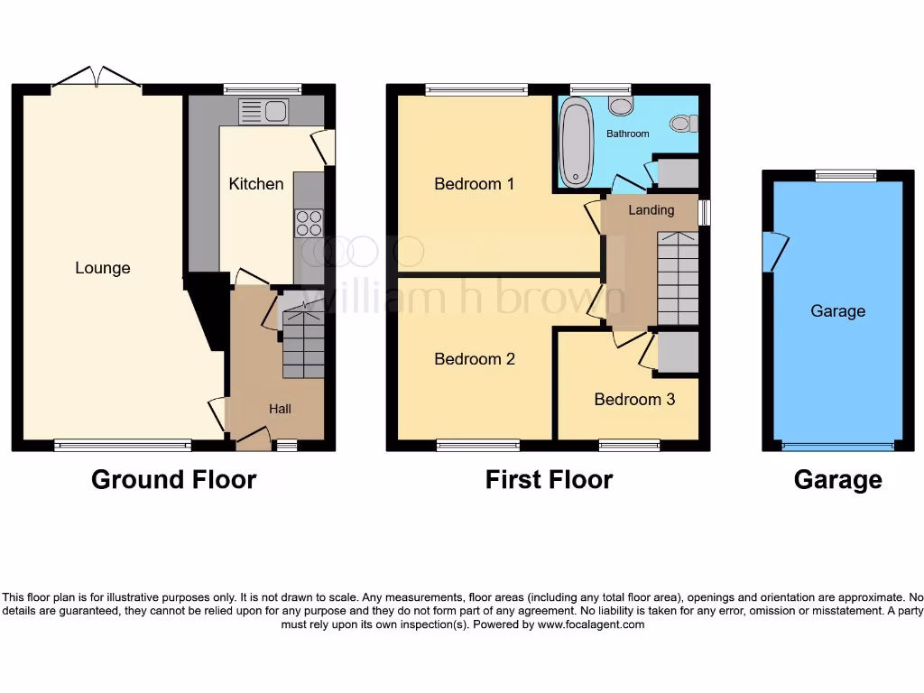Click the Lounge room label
[x=103, y=268]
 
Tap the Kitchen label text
[x=256, y=184]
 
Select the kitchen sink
[x=263, y=112]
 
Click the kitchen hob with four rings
[x=309, y=223]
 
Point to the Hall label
[x=280, y=409]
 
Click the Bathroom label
[x=627, y=134]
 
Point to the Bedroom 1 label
[x=474, y=184]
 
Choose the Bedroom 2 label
[x=474, y=359]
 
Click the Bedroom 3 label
[x=633, y=399]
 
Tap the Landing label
[x=651, y=210]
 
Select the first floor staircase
[x=677, y=278]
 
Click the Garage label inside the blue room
[x=837, y=311]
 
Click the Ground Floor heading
[x=173, y=480]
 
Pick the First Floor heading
[x=549, y=480]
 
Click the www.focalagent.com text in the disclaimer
[x=590, y=624]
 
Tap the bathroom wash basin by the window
[x=620, y=106]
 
